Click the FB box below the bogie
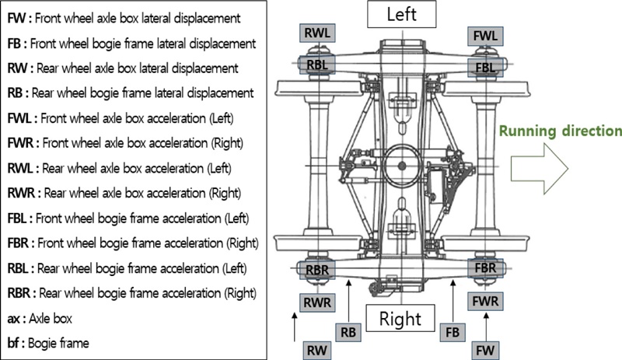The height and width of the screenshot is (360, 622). pos(452,331)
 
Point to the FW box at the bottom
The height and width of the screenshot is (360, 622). pos(484,349)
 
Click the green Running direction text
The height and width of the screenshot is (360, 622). pos(560,131)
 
